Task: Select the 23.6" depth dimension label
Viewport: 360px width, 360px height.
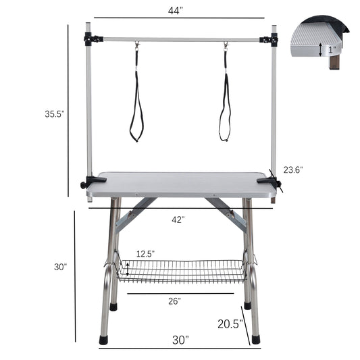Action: (292, 170)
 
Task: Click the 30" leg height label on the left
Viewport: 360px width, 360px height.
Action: (61, 267)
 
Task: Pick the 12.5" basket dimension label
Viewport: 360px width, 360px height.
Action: (145, 253)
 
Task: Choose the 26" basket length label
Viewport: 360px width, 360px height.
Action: (175, 301)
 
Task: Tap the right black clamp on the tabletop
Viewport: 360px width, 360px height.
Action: (274, 180)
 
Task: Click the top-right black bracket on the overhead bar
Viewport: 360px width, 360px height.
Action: (274, 39)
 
